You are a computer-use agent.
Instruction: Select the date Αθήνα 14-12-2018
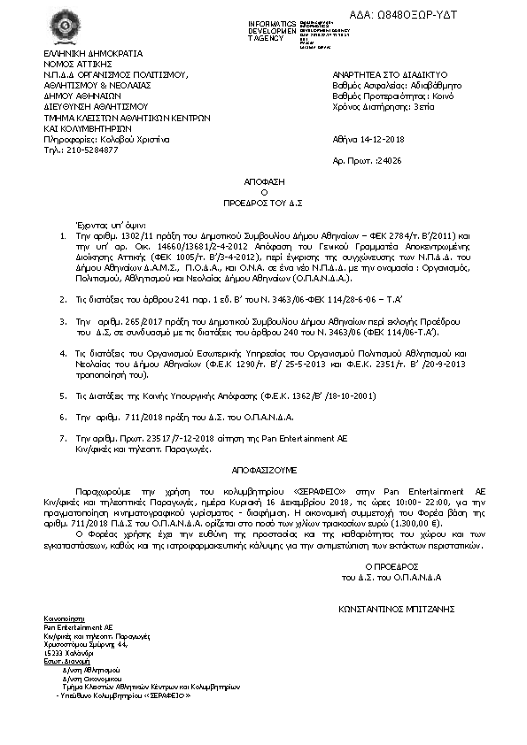[368, 139]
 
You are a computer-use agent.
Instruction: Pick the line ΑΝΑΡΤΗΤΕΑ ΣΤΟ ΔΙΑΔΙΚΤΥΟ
[388, 75]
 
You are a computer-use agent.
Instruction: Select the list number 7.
[62, 437]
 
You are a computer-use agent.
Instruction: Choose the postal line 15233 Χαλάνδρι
[70, 654]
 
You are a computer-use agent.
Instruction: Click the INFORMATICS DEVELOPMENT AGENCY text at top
[272, 30]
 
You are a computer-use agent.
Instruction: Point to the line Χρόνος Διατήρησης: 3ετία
[384, 106]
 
